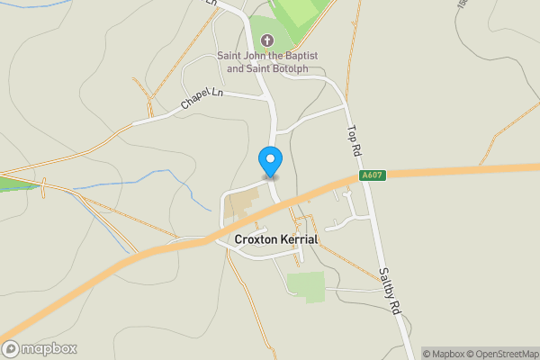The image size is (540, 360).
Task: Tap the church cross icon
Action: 267,40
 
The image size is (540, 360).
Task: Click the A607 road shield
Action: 372,175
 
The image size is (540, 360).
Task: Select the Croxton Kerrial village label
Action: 276,240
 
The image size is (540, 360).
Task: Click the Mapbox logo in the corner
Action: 40,348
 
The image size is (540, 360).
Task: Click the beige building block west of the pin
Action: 240,203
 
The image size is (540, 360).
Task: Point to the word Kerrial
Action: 299,240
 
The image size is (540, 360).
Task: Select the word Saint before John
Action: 232,55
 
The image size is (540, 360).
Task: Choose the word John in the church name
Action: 262,55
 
